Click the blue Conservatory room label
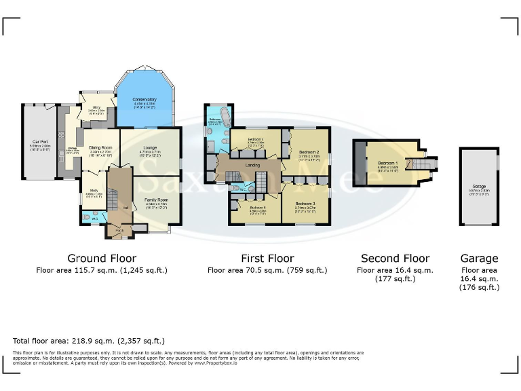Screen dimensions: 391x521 (x=144, y=100)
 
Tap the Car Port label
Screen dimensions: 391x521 (x=38, y=142)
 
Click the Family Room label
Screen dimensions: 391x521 (x=155, y=200)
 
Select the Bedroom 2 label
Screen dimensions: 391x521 (x=309, y=152)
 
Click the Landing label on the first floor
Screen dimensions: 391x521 (x=252, y=165)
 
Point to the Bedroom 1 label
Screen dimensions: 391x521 (x=388, y=164)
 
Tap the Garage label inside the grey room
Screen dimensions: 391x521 (x=480, y=185)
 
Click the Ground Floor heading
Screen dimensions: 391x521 (x=102, y=259)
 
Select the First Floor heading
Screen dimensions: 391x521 (x=267, y=259)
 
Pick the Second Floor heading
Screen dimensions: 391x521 (x=395, y=259)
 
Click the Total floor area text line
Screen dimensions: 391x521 (x=89, y=341)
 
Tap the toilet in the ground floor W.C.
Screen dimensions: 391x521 (x=86, y=219)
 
